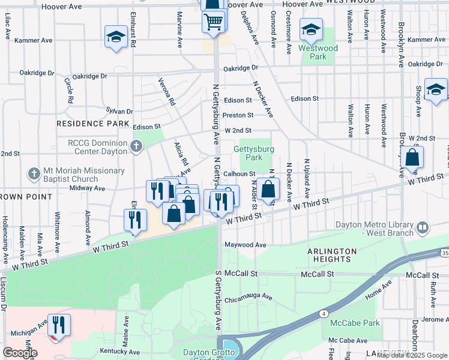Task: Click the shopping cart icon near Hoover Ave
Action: click(x=214, y=22)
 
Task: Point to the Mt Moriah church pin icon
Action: click(x=33, y=174)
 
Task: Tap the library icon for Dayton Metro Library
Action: click(x=423, y=227)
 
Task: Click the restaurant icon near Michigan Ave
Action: click(x=59, y=325)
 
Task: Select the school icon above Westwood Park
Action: click(x=311, y=29)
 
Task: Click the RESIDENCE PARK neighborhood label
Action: click(x=93, y=124)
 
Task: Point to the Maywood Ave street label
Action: click(x=245, y=245)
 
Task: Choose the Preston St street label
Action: click(x=238, y=115)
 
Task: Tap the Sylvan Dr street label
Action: click(x=119, y=111)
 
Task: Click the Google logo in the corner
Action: click(x=20, y=353)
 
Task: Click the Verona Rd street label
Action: click(x=167, y=92)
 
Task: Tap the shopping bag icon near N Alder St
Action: click(x=270, y=189)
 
